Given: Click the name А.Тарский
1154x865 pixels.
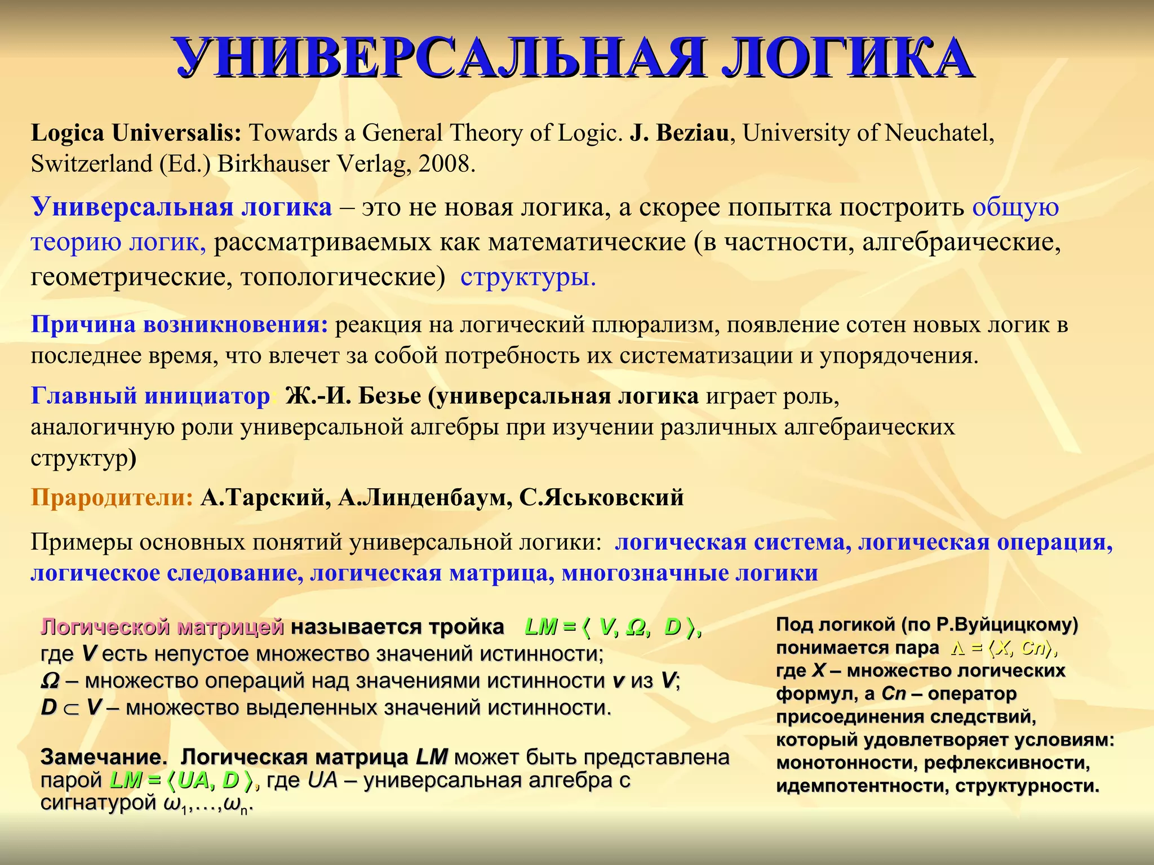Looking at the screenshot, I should point(265,498).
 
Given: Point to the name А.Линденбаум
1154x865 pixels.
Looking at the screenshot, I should point(425,498).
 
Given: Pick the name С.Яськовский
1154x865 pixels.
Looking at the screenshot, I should point(601,498).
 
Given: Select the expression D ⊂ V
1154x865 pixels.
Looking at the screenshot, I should point(71,708).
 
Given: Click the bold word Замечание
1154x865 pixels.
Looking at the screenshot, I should point(104,757).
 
